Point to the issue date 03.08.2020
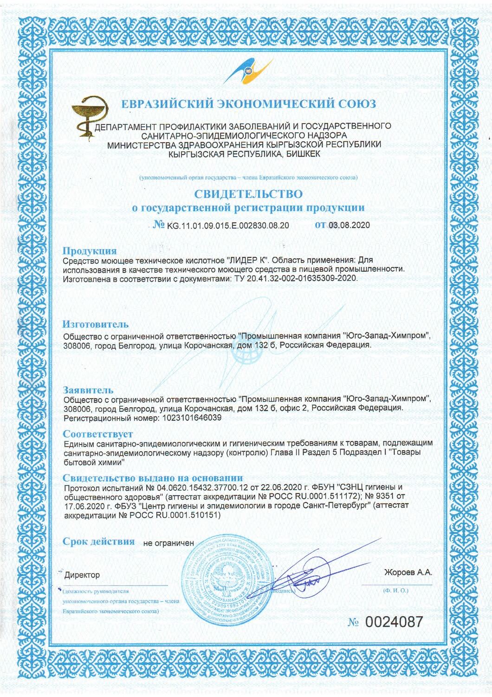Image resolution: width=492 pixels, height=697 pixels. tap(349, 225)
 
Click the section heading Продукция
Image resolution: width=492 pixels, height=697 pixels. tap(90, 251)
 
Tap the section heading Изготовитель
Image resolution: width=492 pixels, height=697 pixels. tap(96, 324)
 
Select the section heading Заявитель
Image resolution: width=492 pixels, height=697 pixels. tap(88, 390)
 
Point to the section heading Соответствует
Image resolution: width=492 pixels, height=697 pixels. tap(98, 434)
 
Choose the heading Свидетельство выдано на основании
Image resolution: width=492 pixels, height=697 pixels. tap(153, 478)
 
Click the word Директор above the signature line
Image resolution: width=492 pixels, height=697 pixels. tap(82, 575)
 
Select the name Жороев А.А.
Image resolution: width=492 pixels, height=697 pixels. tap(408, 572)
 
